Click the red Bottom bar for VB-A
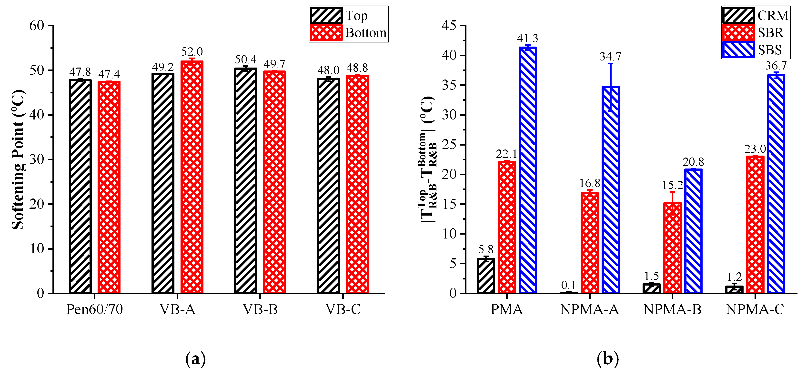click(192, 177)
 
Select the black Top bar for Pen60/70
click(80, 186)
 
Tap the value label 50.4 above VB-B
click(246, 60)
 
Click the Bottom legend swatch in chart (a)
click(326, 33)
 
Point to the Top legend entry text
click(356, 16)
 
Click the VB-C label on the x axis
click(343, 310)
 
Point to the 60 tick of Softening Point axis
click(37, 26)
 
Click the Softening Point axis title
click(18, 160)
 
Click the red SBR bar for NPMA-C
click(755, 225)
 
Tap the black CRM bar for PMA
click(486, 276)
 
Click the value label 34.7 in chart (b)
click(610, 57)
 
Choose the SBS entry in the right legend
click(770, 50)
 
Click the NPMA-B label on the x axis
click(672, 310)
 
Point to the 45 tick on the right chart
click(449, 26)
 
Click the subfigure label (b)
click(608, 359)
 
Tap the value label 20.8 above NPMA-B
click(693, 162)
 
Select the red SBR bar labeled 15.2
click(672, 247)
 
